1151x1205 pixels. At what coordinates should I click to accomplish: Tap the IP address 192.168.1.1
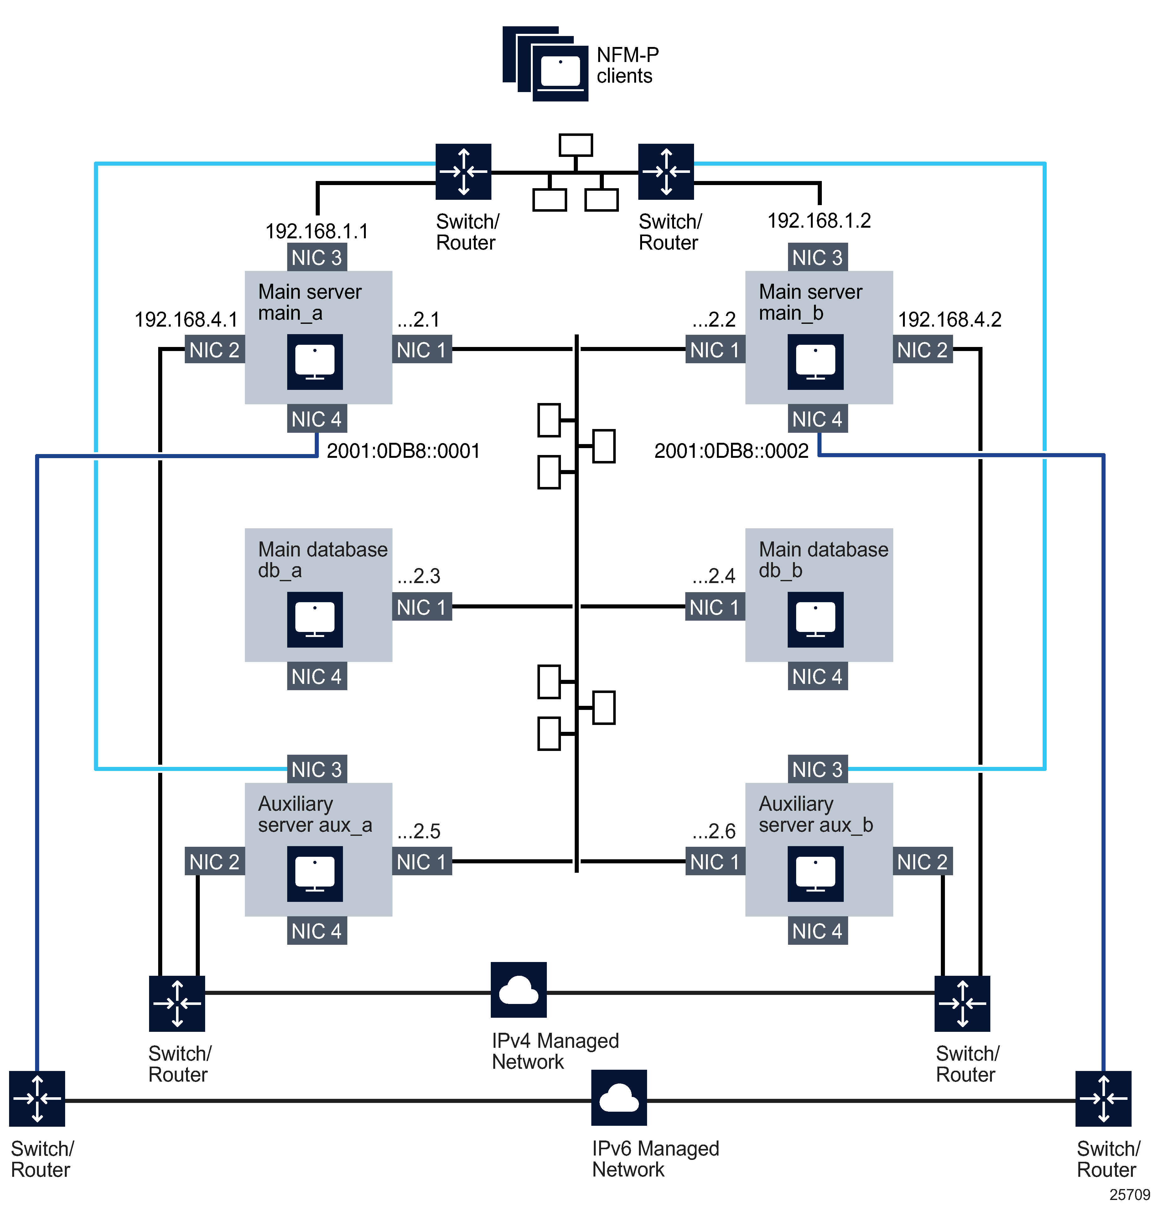317,231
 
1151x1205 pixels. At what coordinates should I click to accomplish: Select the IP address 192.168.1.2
819,220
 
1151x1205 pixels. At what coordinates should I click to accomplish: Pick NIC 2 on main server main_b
922,350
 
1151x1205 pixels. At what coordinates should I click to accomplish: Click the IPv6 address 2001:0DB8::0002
731,451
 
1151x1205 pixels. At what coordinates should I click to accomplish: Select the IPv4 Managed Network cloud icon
518,990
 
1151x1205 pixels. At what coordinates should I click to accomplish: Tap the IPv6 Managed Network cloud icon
619,1098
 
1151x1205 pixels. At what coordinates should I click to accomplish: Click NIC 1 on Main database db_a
422,607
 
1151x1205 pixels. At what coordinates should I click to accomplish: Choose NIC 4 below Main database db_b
817,676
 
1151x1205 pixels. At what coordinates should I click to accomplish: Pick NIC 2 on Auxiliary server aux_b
922,861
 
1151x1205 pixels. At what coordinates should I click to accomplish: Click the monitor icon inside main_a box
315,362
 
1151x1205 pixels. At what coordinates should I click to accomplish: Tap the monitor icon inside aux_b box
815,874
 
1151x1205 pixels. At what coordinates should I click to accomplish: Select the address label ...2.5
419,831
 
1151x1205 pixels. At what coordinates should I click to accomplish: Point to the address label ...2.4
713,576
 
